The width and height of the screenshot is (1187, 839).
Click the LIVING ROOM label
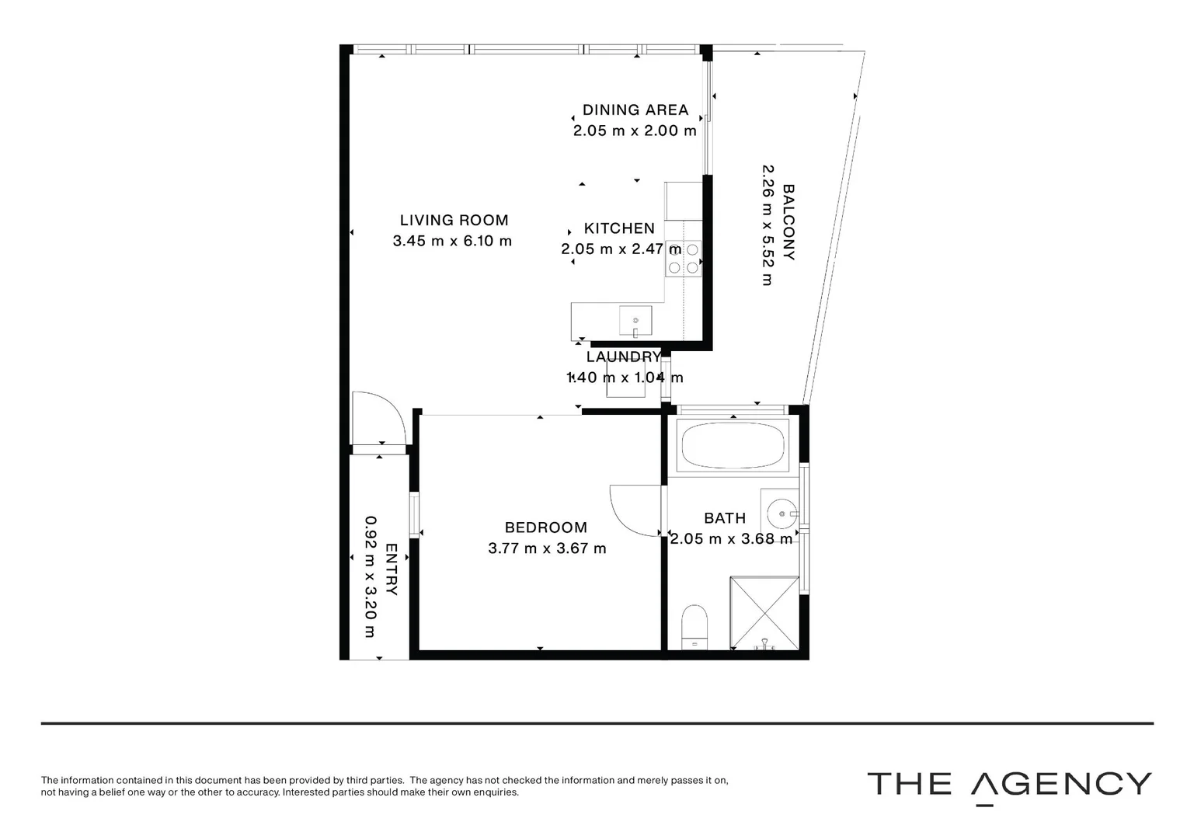tap(454, 221)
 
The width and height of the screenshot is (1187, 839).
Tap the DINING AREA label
tap(635, 110)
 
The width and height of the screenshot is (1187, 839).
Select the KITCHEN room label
tap(619, 228)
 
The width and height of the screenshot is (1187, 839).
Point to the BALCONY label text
tap(788, 222)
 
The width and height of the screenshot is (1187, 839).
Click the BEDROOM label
tap(546, 527)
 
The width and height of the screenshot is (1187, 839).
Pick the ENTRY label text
tap(392, 569)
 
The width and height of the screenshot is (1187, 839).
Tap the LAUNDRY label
tap(624, 357)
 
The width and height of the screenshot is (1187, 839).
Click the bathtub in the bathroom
tap(733, 445)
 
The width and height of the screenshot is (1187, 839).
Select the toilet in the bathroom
tap(694, 626)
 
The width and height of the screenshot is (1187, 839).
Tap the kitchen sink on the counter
tap(635, 320)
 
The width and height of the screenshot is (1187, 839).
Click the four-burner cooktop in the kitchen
tap(684, 259)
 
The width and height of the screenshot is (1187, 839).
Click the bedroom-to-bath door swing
tap(635, 510)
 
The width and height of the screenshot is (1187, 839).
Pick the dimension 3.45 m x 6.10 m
tap(452, 241)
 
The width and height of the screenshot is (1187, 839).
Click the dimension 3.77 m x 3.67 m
tap(547, 548)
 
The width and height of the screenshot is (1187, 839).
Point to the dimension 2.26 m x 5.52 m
tap(767, 225)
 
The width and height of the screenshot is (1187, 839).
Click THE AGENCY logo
tap(1009, 785)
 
